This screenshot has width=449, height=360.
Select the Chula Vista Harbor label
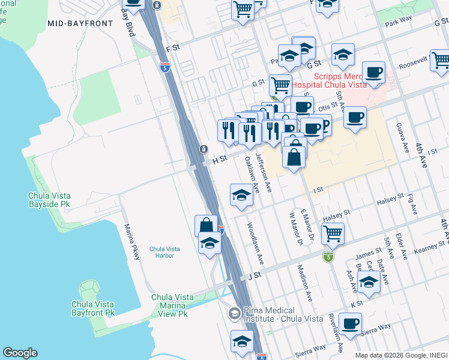pyautogui.click(x=162, y=252)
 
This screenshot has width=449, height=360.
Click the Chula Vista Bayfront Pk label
pyautogui.click(x=92, y=308)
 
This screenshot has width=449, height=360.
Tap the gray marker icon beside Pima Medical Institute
pyautogui.click(x=234, y=313)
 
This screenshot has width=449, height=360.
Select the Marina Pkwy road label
pyautogui.click(x=131, y=242)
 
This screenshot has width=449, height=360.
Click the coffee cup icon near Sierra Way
pyautogui.click(x=350, y=323)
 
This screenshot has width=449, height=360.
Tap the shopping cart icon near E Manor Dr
pyautogui.click(x=332, y=233)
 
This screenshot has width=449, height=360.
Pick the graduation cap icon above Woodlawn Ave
pyautogui.click(x=241, y=194)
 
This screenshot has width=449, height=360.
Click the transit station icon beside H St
pyautogui.click(x=203, y=149)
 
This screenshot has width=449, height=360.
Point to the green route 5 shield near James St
pyautogui.click(x=327, y=256)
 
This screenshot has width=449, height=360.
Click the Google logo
pyautogui.click(x=20, y=353)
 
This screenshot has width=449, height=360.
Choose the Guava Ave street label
pyautogui.click(x=399, y=138)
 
